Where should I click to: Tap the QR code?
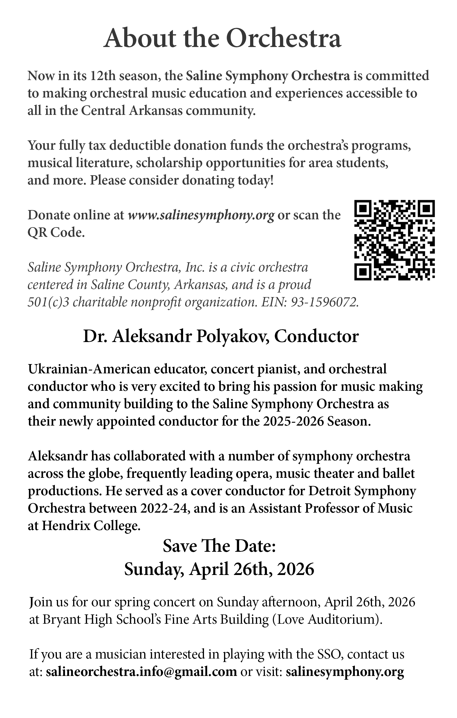[x=394, y=240]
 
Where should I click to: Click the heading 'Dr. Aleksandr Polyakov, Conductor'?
[x=221, y=337]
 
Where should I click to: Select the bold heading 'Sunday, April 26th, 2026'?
[x=219, y=569]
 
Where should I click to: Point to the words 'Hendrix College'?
[x=91, y=526]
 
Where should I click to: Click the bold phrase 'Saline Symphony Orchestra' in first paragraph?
[x=268, y=76]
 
